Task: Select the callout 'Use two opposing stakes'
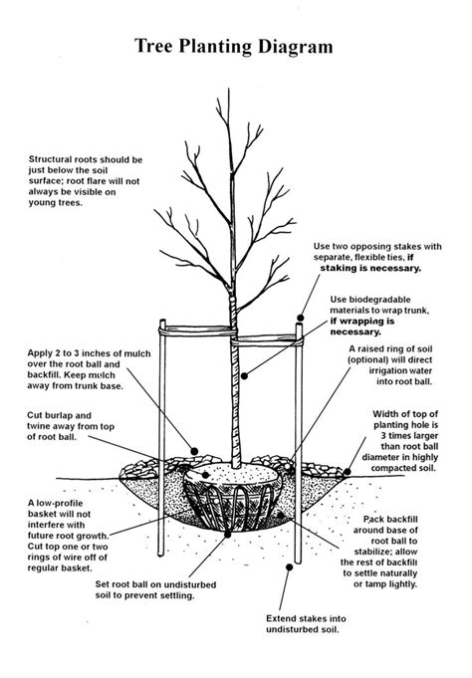(379, 256)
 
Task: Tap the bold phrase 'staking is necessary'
(371, 268)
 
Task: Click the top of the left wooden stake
(158, 324)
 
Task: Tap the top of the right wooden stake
(300, 319)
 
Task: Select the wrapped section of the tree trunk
(236, 398)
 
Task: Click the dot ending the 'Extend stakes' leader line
(290, 566)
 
